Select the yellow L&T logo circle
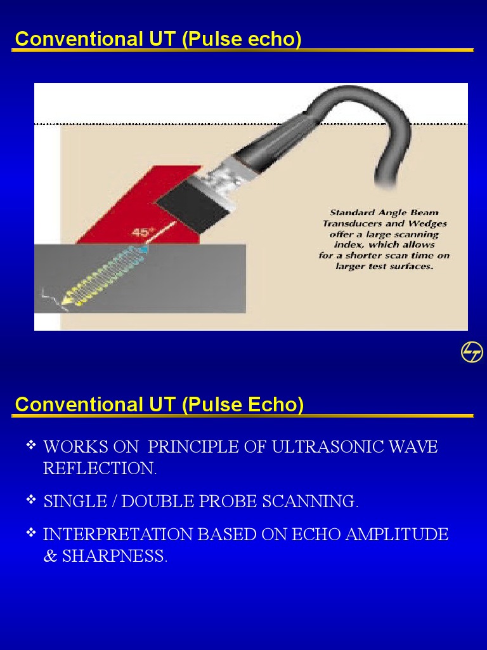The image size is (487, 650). click(472, 352)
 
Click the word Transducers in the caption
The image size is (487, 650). click(351, 223)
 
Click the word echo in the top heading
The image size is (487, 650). click(275, 39)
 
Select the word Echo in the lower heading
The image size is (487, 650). click(276, 404)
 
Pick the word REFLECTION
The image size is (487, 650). click(99, 468)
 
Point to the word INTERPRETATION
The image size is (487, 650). click(118, 534)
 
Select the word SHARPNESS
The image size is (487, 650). click(114, 556)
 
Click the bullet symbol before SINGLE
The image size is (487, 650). click(31, 500)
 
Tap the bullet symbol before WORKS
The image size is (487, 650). click(31, 446)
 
